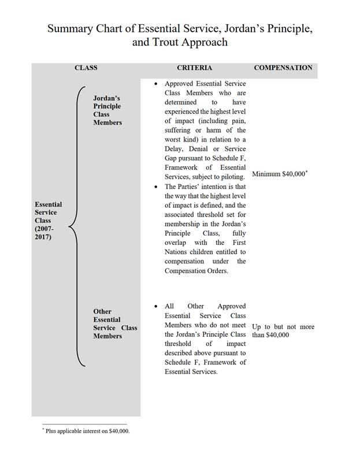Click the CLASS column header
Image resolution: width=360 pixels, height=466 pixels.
[86, 68]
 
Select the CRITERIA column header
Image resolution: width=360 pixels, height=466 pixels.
[194, 68]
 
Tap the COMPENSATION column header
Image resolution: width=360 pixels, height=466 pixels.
[283, 68]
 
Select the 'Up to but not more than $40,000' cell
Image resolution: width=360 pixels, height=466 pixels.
[283, 331]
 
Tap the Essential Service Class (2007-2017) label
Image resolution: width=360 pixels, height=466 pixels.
[48, 221]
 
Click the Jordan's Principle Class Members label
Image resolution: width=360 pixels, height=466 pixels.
[107, 111]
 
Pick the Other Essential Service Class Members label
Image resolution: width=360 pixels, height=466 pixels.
[115, 323]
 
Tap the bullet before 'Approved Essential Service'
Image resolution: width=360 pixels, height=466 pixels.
[155, 84]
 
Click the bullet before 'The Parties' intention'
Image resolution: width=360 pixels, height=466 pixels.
[155, 187]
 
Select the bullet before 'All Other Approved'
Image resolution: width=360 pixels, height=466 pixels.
[155, 307]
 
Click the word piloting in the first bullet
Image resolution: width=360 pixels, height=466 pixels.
[232, 177]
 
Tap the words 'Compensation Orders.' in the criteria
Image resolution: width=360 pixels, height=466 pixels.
[196, 271]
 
